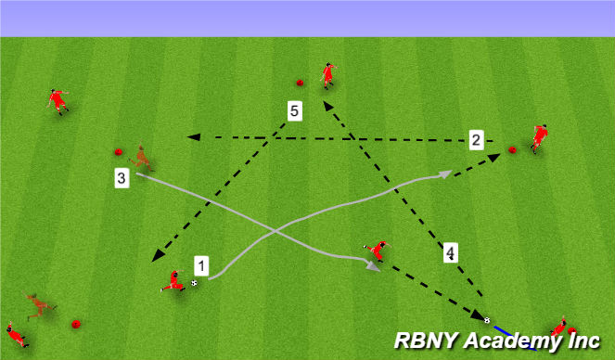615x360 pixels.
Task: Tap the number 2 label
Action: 476,140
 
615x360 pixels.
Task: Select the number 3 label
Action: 122,178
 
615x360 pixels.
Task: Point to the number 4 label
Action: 449,252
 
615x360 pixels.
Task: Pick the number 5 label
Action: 294,112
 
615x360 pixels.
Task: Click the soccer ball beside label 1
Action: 194,283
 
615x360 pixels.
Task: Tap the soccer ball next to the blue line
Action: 487,321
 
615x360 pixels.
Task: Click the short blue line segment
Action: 501,328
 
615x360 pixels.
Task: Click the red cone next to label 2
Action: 512,149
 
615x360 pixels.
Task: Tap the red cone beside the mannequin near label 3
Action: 118,152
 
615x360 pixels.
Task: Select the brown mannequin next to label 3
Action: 142,159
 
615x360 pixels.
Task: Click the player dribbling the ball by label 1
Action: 173,281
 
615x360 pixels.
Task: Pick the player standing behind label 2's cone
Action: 538,137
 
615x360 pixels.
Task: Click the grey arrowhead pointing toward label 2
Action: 446,174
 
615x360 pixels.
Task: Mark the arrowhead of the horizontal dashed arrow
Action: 193,137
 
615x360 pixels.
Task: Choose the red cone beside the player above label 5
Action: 300,81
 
